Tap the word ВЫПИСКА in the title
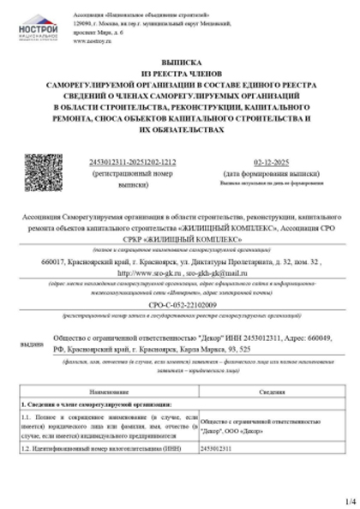pos(180,63)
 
